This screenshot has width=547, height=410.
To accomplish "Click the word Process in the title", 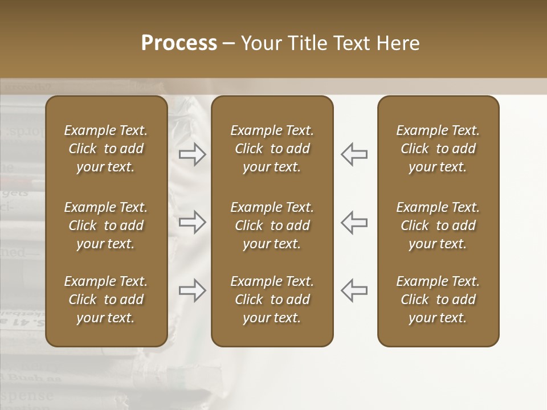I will pyautogui.click(x=179, y=43).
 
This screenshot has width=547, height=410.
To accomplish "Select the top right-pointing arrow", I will pyautogui.click(x=193, y=154).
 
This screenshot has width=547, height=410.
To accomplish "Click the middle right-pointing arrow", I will pyautogui.click(x=193, y=222).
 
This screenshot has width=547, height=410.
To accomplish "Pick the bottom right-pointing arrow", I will pyautogui.click(x=193, y=290).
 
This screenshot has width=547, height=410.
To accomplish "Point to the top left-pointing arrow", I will pyautogui.click(x=354, y=154).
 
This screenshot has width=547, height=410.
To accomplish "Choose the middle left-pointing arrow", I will pyautogui.click(x=354, y=222).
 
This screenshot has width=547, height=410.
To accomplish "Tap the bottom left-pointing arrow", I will pyautogui.click(x=354, y=290).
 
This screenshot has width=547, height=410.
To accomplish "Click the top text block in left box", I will pyautogui.click(x=106, y=149).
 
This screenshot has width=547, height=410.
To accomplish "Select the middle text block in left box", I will pyautogui.click(x=106, y=225).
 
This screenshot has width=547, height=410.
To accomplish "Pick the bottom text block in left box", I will pyautogui.click(x=106, y=300).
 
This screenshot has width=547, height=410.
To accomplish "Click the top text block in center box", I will pyautogui.click(x=272, y=149).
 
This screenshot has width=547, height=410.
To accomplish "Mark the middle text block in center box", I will pyautogui.click(x=272, y=225).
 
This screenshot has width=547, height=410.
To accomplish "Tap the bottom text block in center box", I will pyautogui.click(x=272, y=300).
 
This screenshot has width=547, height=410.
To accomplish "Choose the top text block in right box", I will pyautogui.click(x=438, y=149).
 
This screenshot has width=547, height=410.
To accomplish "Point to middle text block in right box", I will pyautogui.click(x=438, y=225).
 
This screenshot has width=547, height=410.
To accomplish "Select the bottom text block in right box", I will pyautogui.click(x=438, y=300).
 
